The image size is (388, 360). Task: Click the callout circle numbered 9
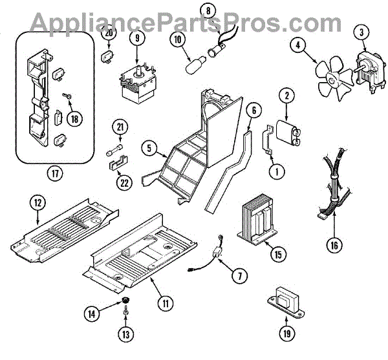click(136, 38)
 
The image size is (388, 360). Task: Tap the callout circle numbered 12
click(38, 203)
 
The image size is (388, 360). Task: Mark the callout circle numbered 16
click(334, 246)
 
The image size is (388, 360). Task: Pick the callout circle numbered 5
click(150, 149)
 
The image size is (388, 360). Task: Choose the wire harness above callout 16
click(333, 187)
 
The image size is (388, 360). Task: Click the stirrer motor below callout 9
click(139, 79)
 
